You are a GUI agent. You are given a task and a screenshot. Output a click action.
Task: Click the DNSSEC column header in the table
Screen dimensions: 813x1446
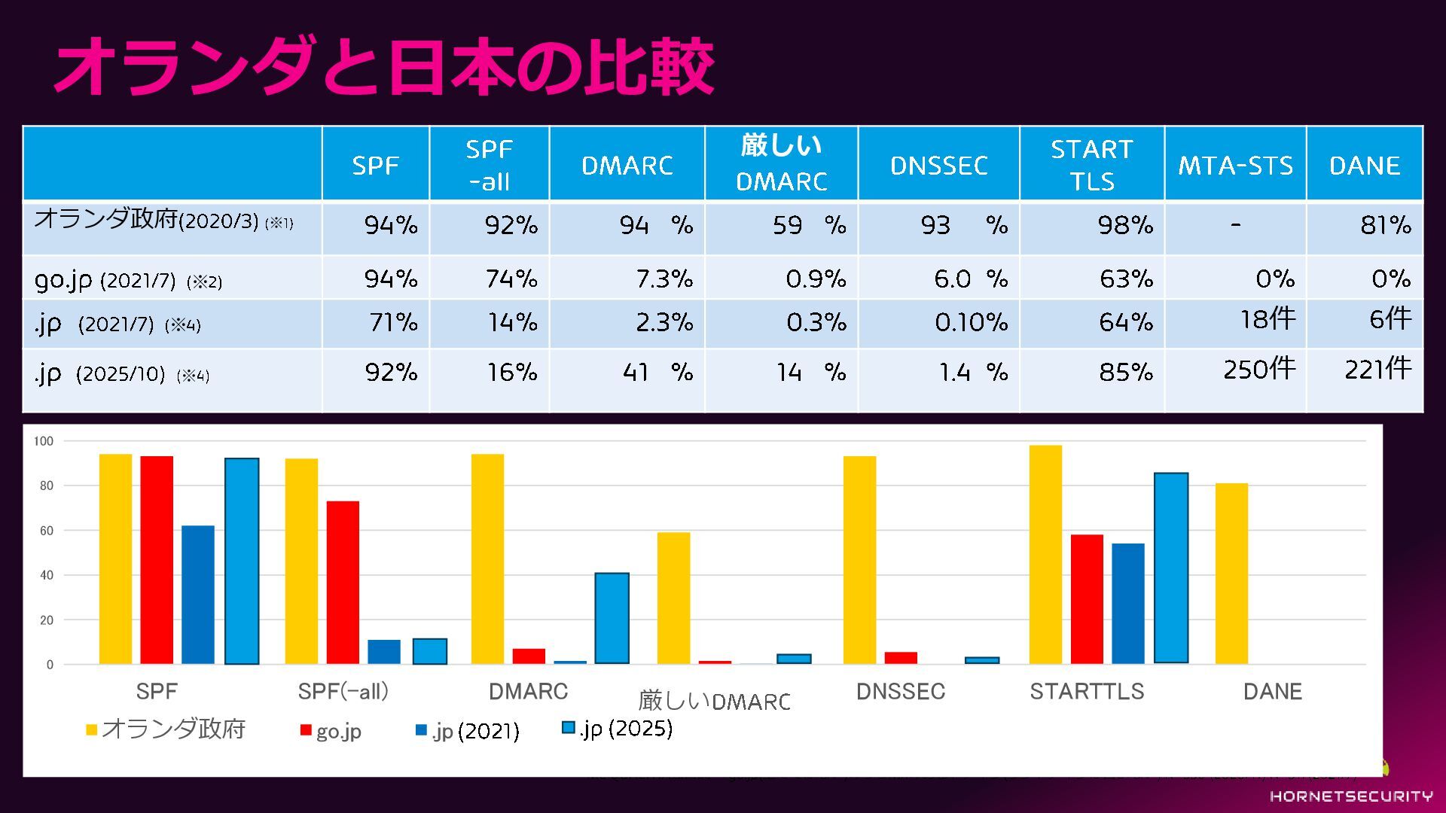(x=938, y=166)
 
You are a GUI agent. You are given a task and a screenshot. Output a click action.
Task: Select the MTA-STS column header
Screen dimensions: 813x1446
(x=1235, y=166)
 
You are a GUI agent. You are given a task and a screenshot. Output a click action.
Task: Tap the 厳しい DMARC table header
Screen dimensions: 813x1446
(x=781, y=163)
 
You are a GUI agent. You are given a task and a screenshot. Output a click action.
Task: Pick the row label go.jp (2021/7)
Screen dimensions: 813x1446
(x=128, y=280)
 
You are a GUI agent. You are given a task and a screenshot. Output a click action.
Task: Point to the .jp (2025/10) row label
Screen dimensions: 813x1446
(x=121, y=373)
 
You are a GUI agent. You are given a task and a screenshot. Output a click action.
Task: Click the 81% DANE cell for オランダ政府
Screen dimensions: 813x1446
(x=1385, y=225)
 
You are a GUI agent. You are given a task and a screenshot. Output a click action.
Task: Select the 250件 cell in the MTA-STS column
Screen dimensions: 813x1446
(x=1259, y=369)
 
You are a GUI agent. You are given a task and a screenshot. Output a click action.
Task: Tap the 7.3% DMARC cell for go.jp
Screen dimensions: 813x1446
(x=664, y=279)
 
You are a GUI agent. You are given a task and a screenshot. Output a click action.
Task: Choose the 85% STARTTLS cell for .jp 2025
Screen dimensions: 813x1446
(x=1125, y=372)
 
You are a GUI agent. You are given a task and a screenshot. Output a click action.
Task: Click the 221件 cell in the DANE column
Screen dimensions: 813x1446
(x=1377, y=369)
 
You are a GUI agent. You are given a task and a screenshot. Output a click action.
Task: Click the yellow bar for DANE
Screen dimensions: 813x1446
(x=1231, y=574)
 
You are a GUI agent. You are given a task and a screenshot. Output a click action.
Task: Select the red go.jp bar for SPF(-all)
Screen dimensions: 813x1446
(x=343, y=583)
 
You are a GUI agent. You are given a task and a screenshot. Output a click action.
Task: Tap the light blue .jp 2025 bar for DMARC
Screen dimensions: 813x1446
(x=612, y=618)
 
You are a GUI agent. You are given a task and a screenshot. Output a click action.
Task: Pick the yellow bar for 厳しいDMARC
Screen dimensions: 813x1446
(x=673, y=598)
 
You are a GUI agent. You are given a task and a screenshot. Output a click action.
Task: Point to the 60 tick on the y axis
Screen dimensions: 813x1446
(x=47, y=531)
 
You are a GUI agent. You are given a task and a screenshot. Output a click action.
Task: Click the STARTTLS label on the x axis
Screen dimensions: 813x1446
(x=1086, y=691)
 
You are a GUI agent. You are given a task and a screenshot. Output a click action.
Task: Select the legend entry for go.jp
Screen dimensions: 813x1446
(x=331, y=731)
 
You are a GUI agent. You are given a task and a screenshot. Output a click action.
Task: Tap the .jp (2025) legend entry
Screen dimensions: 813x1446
(x=618, y=728)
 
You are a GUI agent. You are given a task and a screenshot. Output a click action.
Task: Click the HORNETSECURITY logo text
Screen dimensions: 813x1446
(x=1351, y=796)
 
